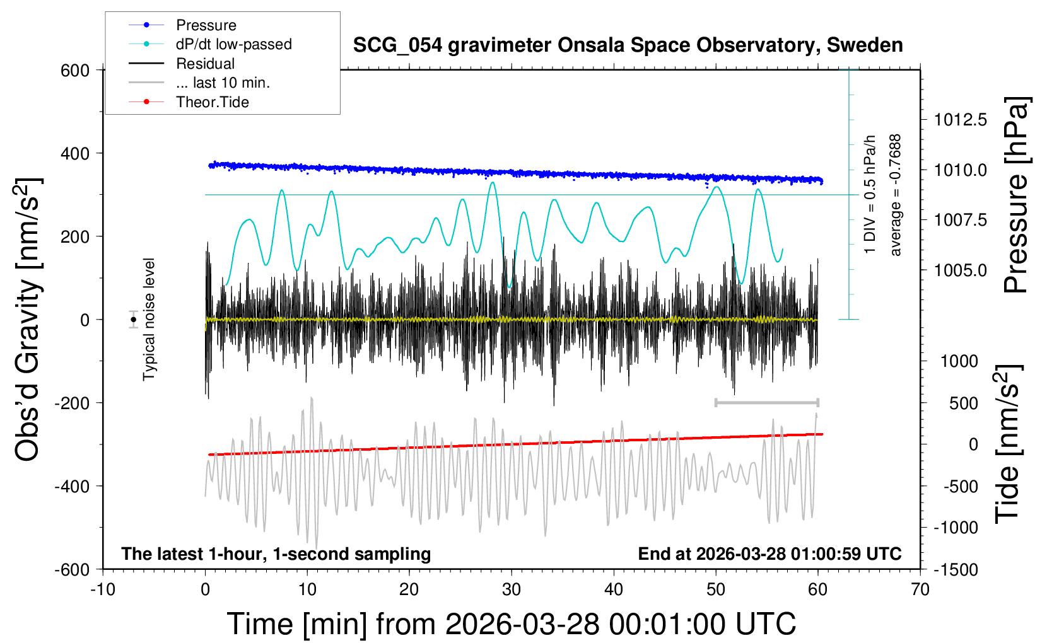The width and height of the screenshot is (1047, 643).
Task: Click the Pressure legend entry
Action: click(x=206, y=25)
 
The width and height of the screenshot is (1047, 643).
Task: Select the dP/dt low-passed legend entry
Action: click(x=233, y=44)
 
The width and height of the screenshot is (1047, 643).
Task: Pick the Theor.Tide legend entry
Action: click(x=212, y=102)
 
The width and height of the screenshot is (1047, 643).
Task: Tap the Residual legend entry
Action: click(x=205, y=64)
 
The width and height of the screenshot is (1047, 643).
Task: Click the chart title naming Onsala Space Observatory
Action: click(x=628, y=45)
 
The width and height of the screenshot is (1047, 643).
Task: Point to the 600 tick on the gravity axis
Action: click(x=75, y=71)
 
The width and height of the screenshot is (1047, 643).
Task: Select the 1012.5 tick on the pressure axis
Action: click(x=960, y=120)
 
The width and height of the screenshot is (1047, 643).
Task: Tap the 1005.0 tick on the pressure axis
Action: click(x=960, y=270)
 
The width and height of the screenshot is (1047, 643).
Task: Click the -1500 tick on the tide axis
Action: click(x=956, y=570)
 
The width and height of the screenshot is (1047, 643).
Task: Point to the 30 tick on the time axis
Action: click(x=512, y=590)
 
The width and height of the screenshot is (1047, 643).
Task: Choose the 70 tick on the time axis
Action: click(x=920, y=590)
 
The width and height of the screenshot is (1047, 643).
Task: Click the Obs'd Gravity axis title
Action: click(x=28, y=320)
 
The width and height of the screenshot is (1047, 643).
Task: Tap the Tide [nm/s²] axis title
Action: click(x=1007, y=444)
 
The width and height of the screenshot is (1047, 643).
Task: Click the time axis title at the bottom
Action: click(x=512, y=624)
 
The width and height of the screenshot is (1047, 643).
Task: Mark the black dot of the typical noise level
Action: click(x=134, y=320)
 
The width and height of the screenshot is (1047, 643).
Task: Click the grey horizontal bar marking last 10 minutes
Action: click(x=766, y=402)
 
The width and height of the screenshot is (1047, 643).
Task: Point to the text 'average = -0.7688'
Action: click(x=896, y=195)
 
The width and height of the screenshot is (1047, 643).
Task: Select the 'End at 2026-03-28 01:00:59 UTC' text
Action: click(x=769, y=554)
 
